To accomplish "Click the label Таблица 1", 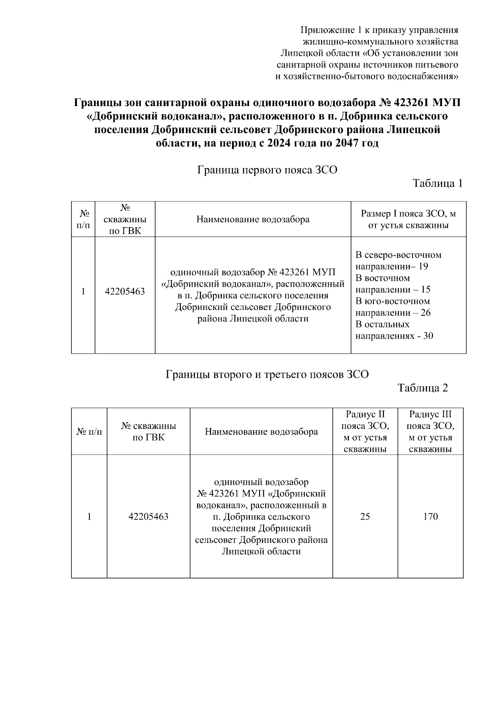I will [437, 183].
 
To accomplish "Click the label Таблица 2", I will [422, 388].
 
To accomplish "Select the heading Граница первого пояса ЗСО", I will [267, 170].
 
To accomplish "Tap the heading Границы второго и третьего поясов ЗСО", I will [267, 374].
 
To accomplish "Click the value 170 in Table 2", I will [430, 517].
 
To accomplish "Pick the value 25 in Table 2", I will [365, 517].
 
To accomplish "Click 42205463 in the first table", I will [125, 292].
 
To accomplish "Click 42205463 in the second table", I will [148, 517].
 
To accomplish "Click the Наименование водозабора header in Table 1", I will [253, 220].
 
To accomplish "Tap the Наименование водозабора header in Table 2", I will [261, 432].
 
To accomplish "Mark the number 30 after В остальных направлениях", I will [428, 336].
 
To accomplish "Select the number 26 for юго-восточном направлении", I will [425, 313].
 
